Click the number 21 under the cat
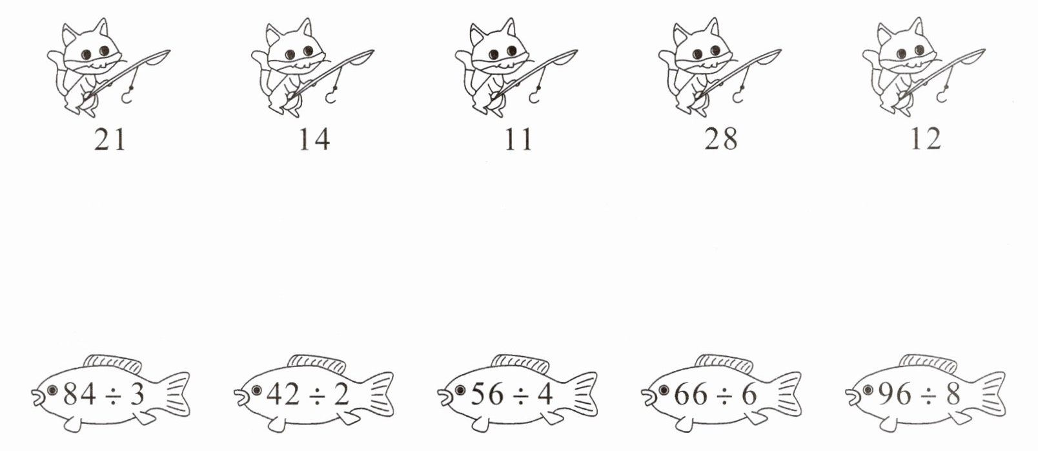(x=110, y=139)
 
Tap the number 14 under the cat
(x=314, y=139)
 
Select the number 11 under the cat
(x=518, y=139)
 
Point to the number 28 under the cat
(x=721, y=139)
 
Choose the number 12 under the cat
(x=926, y=139)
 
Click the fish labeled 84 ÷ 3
(x=110, y=394)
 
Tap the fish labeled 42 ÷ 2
(x=314, y=394)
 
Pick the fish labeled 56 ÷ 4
(x=518, y=394)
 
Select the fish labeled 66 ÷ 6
(x=722, y=394)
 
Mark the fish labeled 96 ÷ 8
(x=926, y=394)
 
